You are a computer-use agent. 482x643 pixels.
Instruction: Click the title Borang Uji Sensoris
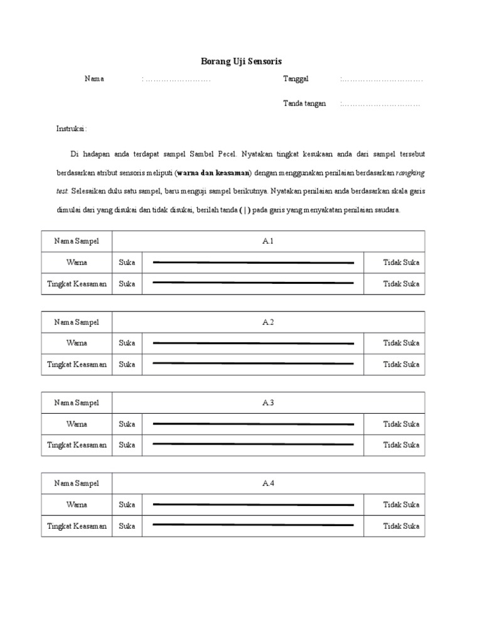point(241,61)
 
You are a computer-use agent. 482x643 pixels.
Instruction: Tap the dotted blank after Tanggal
point(382,79)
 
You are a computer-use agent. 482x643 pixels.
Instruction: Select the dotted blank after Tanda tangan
point(380,104)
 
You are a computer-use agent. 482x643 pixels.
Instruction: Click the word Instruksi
point(72,129)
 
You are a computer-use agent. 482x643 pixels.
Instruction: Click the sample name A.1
point(269,242)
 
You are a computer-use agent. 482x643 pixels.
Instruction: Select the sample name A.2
point(269,322)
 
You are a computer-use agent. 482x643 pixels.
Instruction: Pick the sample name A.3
point(269,403)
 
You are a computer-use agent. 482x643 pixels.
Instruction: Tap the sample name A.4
point(269,484)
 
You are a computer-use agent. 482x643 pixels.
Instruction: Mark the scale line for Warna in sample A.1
point(254,262)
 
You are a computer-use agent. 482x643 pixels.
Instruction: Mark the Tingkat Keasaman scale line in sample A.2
point(254,364)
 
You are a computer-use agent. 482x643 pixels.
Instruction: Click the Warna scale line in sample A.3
point(254,424)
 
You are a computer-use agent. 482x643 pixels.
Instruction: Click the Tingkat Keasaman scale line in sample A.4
point(254,525)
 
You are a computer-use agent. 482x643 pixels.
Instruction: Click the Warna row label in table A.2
point(77,343)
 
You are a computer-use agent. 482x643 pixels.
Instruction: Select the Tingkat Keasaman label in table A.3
point(77,445)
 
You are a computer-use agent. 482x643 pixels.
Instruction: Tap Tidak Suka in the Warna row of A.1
point(401,262)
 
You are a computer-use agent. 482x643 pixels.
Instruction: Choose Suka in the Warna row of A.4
point(127,505)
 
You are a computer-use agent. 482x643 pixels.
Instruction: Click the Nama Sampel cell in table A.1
point(77,242)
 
